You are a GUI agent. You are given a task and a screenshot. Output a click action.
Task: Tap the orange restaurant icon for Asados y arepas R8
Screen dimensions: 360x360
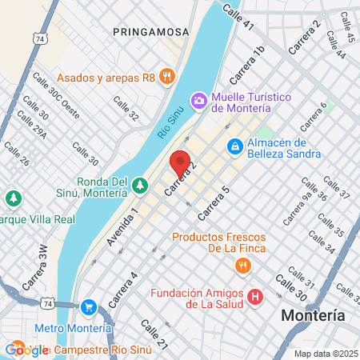pyautogui.click(x=167, y=77)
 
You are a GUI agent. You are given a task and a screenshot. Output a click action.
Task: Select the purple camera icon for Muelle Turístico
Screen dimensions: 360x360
pyautogui.click(x=198, y=99)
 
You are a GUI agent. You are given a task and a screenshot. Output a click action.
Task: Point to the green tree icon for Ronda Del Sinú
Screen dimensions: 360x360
pyautogui.click(x=140, y=186)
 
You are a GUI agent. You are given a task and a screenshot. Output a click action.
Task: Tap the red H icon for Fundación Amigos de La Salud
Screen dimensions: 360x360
pyautogui.click(x=255, y=298)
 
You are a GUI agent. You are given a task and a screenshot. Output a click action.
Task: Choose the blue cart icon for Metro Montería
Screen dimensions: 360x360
pyautogui.click(x=89, y=307)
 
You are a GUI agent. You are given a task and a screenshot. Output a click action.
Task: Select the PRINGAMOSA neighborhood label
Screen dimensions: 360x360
pyautogui.click(x=150, y=32)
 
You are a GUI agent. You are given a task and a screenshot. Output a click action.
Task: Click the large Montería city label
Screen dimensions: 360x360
pyautogui.click(x=314, y=315)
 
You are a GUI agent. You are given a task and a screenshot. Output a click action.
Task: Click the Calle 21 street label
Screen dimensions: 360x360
pyautogui.click(x=154, y=334)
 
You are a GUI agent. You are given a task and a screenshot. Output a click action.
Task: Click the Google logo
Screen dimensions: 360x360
pyautogui.click(x=26, y=349)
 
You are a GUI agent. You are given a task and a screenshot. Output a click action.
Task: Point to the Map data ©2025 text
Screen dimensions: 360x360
pyautogui.click(x=325, y=353)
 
